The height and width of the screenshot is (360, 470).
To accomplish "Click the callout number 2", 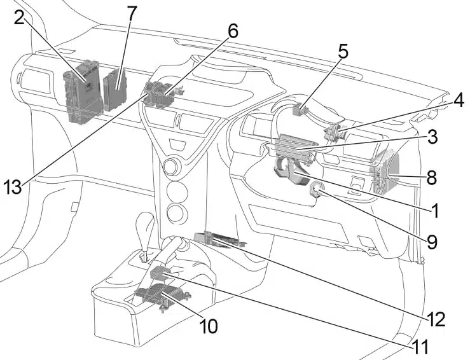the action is point(19,19).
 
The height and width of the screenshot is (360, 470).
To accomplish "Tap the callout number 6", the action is point(232,31).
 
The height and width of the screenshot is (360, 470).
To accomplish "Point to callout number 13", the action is point(13,187).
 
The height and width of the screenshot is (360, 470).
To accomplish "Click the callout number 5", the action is point(343,52).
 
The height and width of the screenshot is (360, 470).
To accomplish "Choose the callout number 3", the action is point(432,136).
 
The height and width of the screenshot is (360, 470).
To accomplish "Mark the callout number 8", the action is point(432,177).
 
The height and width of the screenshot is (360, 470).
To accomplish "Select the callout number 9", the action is point(432,242).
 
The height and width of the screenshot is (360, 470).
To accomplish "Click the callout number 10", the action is point(209,326).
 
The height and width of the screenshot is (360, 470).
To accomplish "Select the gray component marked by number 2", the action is point(82,92).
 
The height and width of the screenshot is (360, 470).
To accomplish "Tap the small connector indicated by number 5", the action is point(298,109).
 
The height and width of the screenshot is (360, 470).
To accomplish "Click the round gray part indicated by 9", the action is point(316,189).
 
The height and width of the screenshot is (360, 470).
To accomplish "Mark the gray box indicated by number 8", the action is point(385,172).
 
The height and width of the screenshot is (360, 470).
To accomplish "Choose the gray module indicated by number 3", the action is point(295,148).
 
